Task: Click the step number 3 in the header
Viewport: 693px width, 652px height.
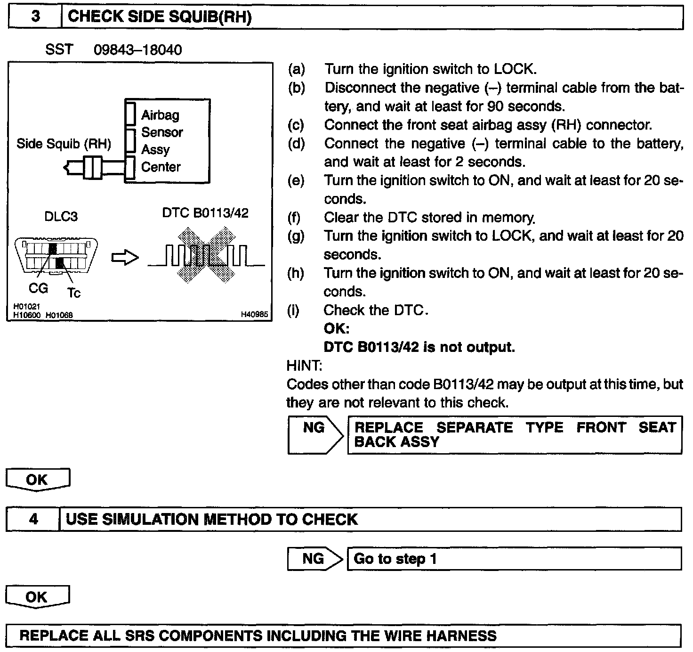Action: (x=35, y=17)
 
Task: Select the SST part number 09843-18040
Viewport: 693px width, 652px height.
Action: (x=137, y=49)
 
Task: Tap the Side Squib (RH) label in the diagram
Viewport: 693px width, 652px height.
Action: (x=64, y=144)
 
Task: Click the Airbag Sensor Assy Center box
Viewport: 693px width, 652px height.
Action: (x=167, y=141)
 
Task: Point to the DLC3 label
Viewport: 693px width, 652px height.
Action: (x=61, y=216)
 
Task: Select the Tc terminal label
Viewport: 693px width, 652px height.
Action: (x=73, y=293)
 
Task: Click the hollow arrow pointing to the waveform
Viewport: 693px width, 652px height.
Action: (x=125, y=258)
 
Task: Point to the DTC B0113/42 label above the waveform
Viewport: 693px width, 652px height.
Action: (x=205, y=213)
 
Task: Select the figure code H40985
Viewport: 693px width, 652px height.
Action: (x=255, y=315)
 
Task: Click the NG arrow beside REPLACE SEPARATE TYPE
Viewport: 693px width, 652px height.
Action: (x=314, y=434)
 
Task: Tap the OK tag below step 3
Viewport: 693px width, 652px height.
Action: (x=38, y=480)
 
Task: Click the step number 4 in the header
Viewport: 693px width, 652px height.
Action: (x=33, y=519)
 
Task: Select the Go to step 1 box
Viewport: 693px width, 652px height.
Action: (x=514, y=559)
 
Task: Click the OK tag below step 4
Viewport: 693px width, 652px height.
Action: (x=38, y=597)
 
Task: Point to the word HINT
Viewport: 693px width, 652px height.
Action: (x=304, y=366)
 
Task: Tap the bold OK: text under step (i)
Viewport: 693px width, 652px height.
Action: (x=336, y=328)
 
